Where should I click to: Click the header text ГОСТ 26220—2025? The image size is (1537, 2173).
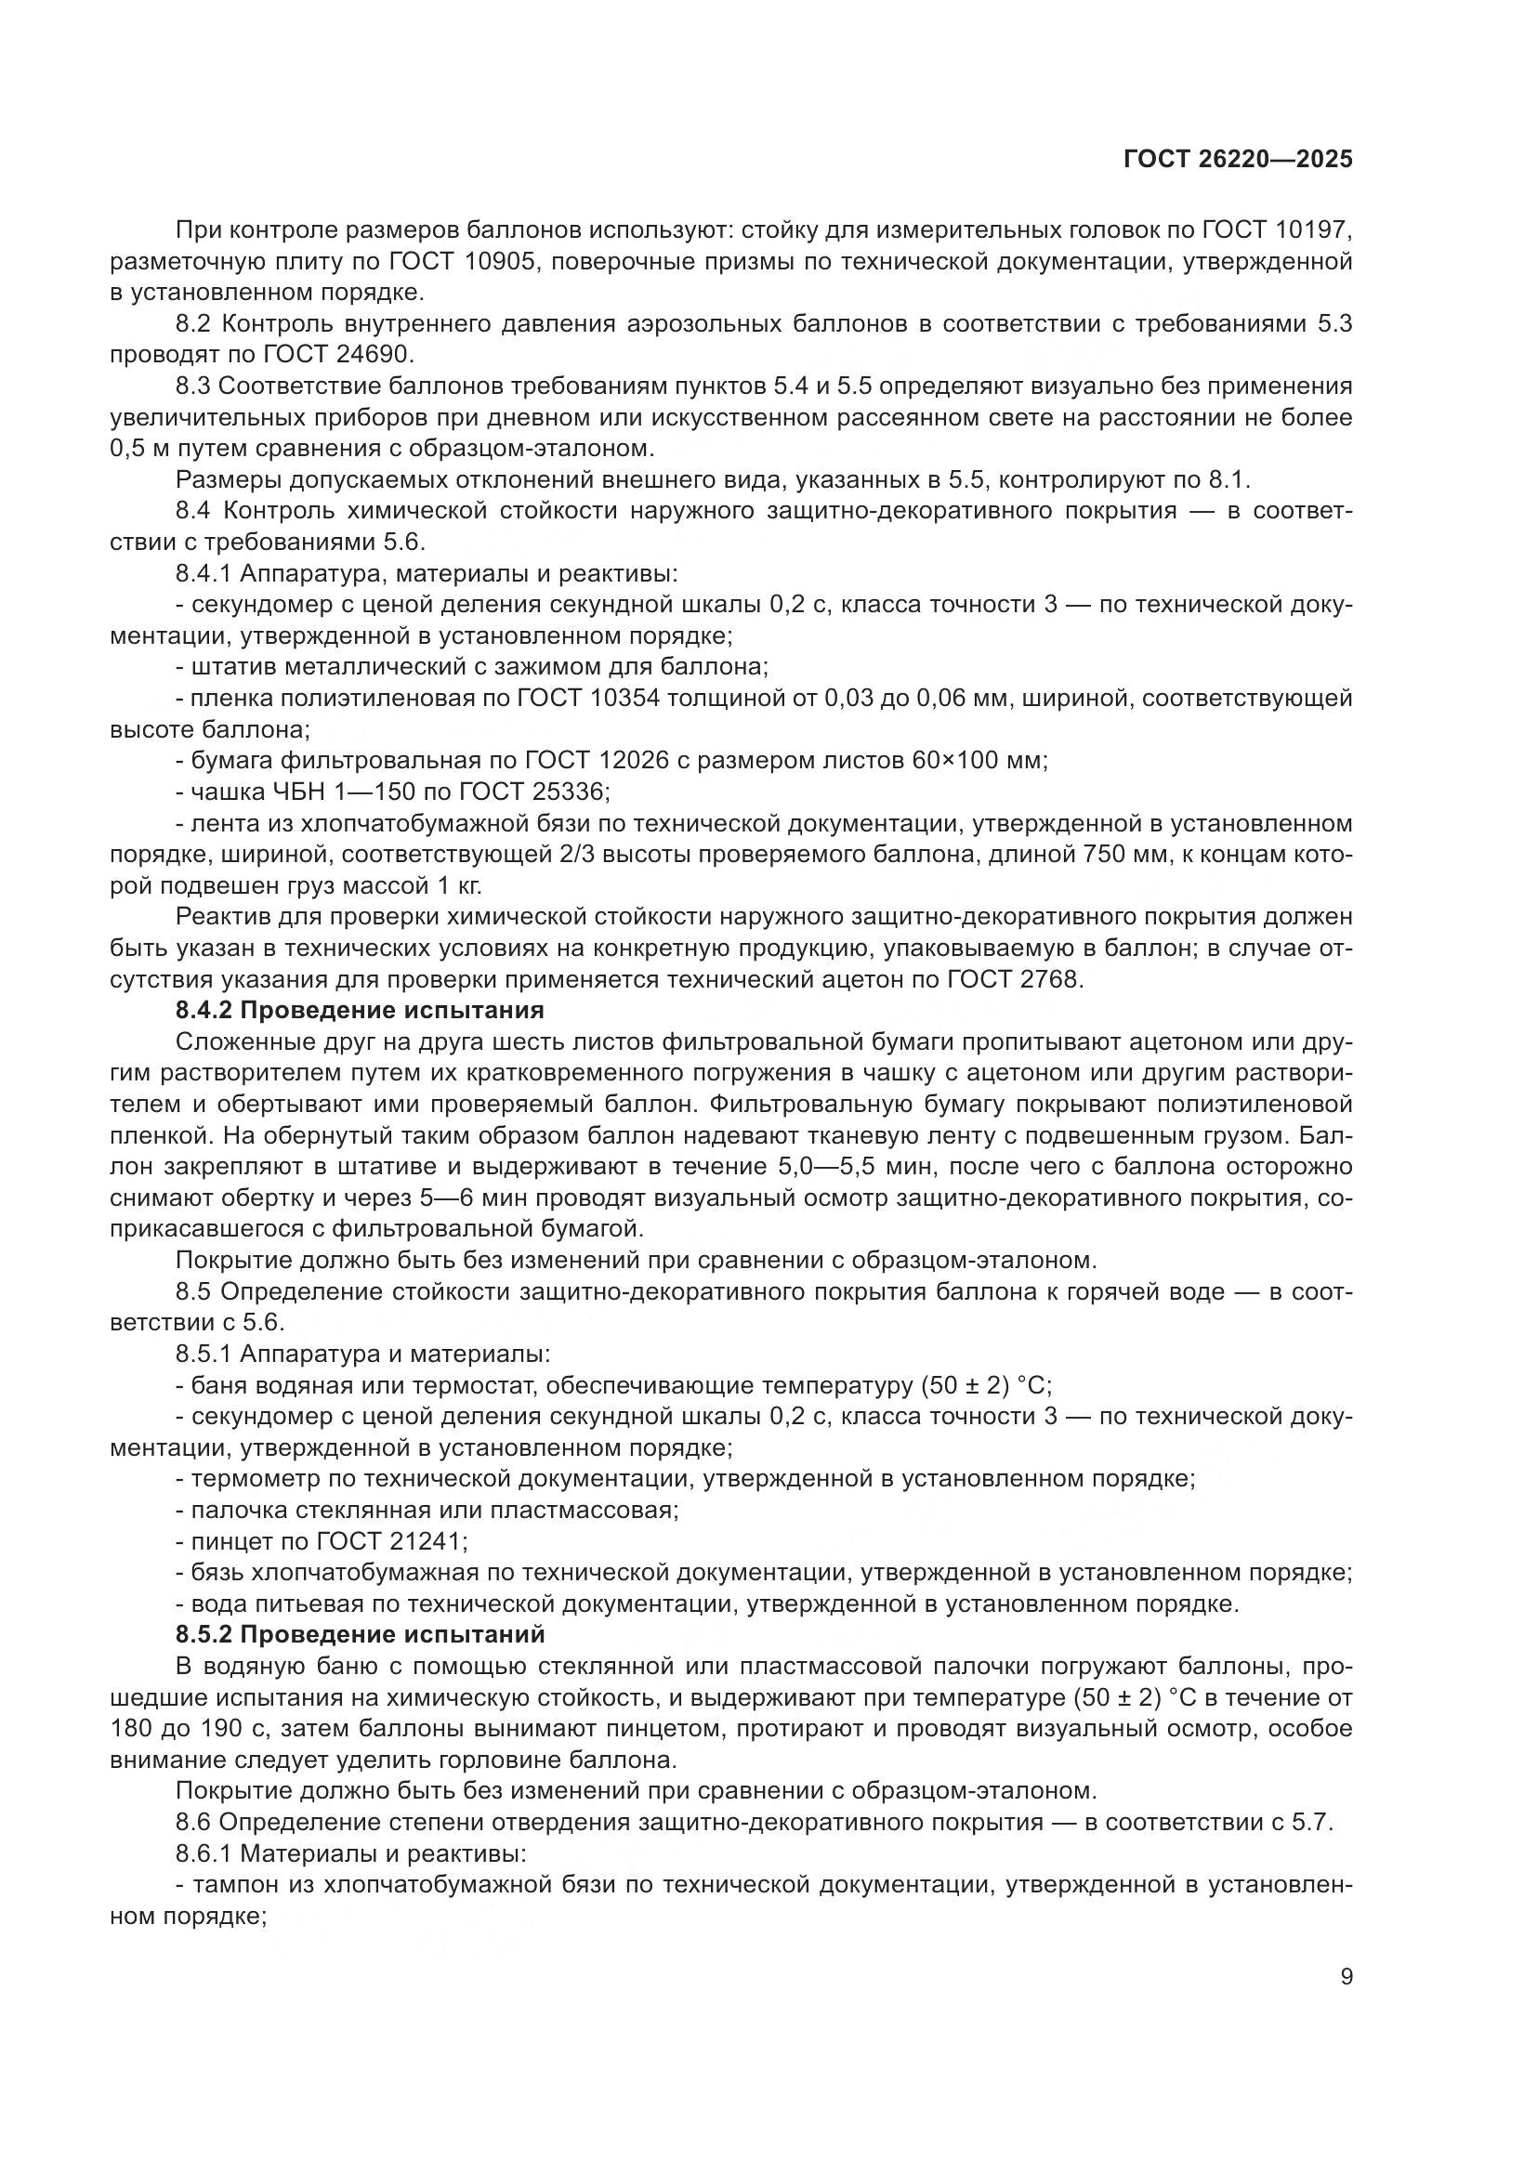point(1238,160)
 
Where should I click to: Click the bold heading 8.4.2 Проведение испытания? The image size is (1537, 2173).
point(360,1010)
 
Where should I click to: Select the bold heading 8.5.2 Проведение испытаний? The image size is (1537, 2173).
point(361,1634)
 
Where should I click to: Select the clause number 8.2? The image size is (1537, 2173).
point(195,323)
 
